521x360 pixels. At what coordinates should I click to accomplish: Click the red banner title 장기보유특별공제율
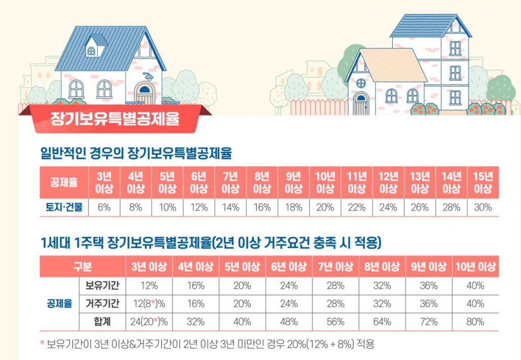(x=114, y=120)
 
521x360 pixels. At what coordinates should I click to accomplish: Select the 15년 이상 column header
(x=483, y=183)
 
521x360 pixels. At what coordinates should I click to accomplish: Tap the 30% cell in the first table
(x=483, y=207)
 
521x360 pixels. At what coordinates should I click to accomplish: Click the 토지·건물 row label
(x=64, y=207)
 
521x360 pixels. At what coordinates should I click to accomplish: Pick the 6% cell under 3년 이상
(x=104, y=207)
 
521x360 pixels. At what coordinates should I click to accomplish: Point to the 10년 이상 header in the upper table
(x=325, y=183)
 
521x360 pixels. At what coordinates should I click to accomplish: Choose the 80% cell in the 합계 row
(x=475, y=322)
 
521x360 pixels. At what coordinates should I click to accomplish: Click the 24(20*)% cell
(x=150, y=322)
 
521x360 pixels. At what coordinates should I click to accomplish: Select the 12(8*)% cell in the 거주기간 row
(x=150, y=304)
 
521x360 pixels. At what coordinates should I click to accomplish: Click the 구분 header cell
(x=82, y=267)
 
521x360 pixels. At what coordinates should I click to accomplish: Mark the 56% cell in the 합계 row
(x=335, y=322)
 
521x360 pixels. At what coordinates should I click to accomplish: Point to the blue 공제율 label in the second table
(x=59, y=304)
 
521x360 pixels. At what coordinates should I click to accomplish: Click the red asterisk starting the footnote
(x=42, y=344)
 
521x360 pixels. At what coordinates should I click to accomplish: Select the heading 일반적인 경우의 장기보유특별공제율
(x=136, y=153)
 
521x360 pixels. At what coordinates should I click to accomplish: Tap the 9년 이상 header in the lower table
(x=428, y=267)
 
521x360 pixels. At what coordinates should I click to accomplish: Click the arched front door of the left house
(x=144, y=95)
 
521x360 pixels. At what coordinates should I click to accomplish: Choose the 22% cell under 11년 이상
(x=357, y=207)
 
